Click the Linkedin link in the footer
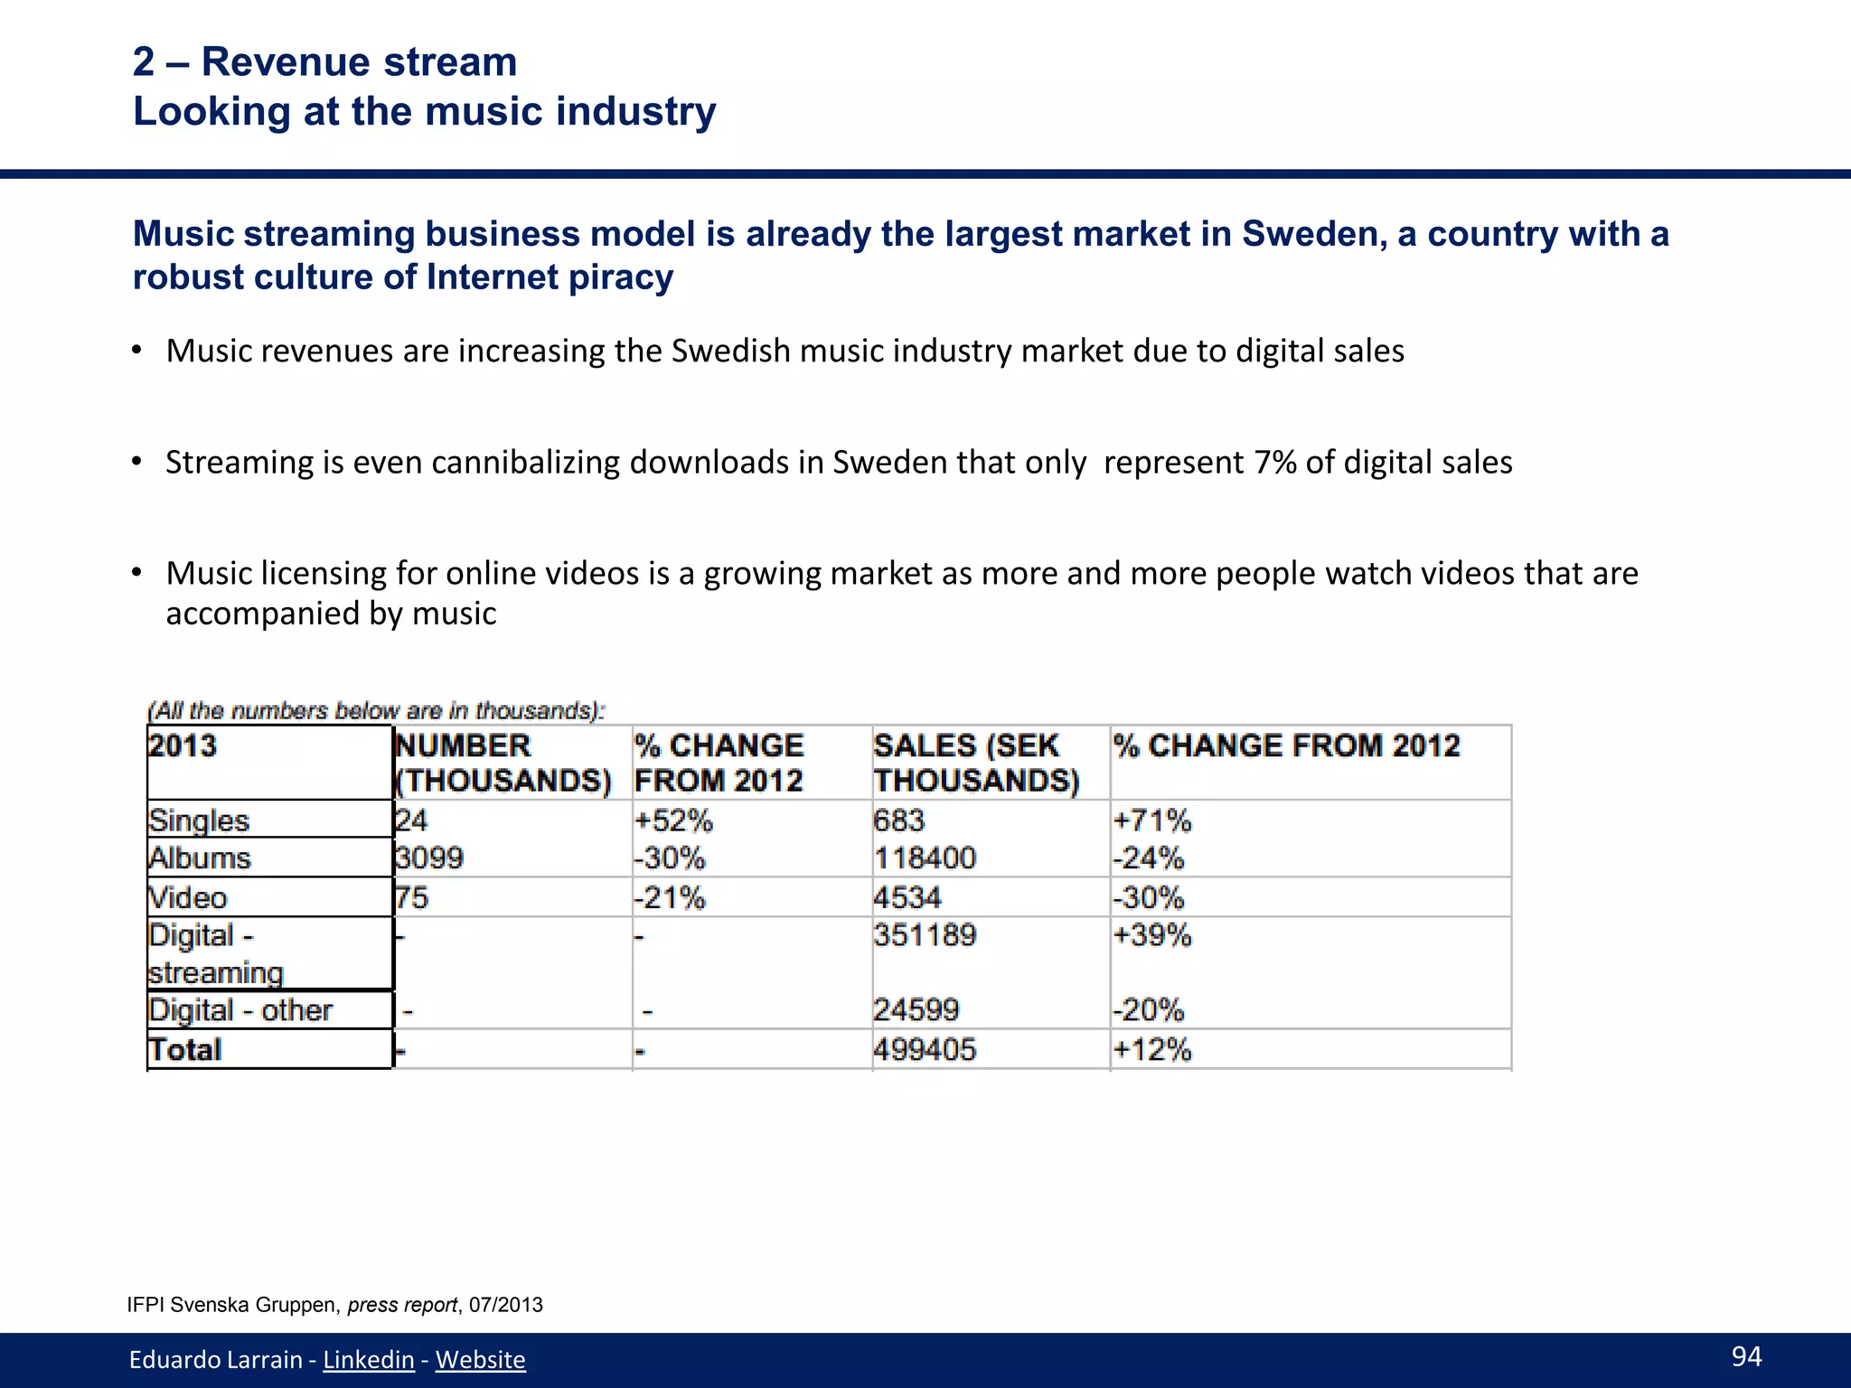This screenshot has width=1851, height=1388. point(368,1359)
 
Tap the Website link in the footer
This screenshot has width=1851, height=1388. point(480,1359)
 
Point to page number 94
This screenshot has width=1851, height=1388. point(1746,1355)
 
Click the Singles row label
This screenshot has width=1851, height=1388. point(199,821)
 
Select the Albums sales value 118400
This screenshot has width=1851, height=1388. point(925,858)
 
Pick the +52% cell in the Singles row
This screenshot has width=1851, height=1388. point(673,821)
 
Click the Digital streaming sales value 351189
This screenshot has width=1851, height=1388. point(925,934)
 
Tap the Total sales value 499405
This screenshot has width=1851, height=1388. point(925,1049)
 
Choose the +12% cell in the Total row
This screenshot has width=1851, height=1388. point(1152,1049)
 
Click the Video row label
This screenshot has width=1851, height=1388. point(188,897)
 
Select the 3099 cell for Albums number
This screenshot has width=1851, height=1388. point(429,858)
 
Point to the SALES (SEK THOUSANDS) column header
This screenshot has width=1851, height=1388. point(976,763)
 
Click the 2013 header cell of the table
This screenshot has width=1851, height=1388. point(183,746)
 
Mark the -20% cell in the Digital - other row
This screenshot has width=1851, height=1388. point(1149,1009)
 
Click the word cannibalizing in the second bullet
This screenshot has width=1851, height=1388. point(528,463)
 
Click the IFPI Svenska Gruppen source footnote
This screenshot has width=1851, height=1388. point(334,1305)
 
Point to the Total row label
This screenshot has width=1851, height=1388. point(185,1049)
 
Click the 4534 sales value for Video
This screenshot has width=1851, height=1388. point(907,897)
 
